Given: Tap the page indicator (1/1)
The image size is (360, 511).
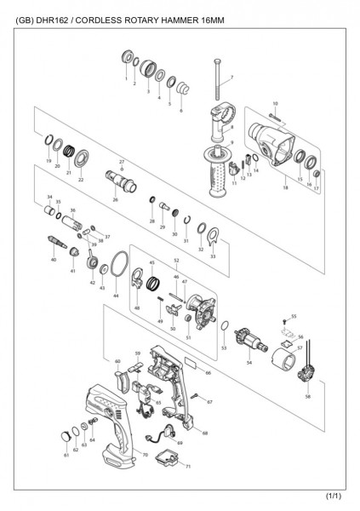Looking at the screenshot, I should [x=334, y=496].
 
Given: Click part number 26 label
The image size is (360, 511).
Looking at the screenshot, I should [x=114, y=200].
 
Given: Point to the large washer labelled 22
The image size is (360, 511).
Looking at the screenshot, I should [x=82, y=158].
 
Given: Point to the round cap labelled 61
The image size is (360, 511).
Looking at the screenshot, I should [x=64, y=436].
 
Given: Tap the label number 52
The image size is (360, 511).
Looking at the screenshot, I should [x=176, y=261].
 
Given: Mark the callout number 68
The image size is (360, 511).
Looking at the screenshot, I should [x=204, y=433].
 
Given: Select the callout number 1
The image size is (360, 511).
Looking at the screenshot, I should [x=125, y=78].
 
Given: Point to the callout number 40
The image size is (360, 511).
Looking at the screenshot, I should [x=53, y=259].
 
